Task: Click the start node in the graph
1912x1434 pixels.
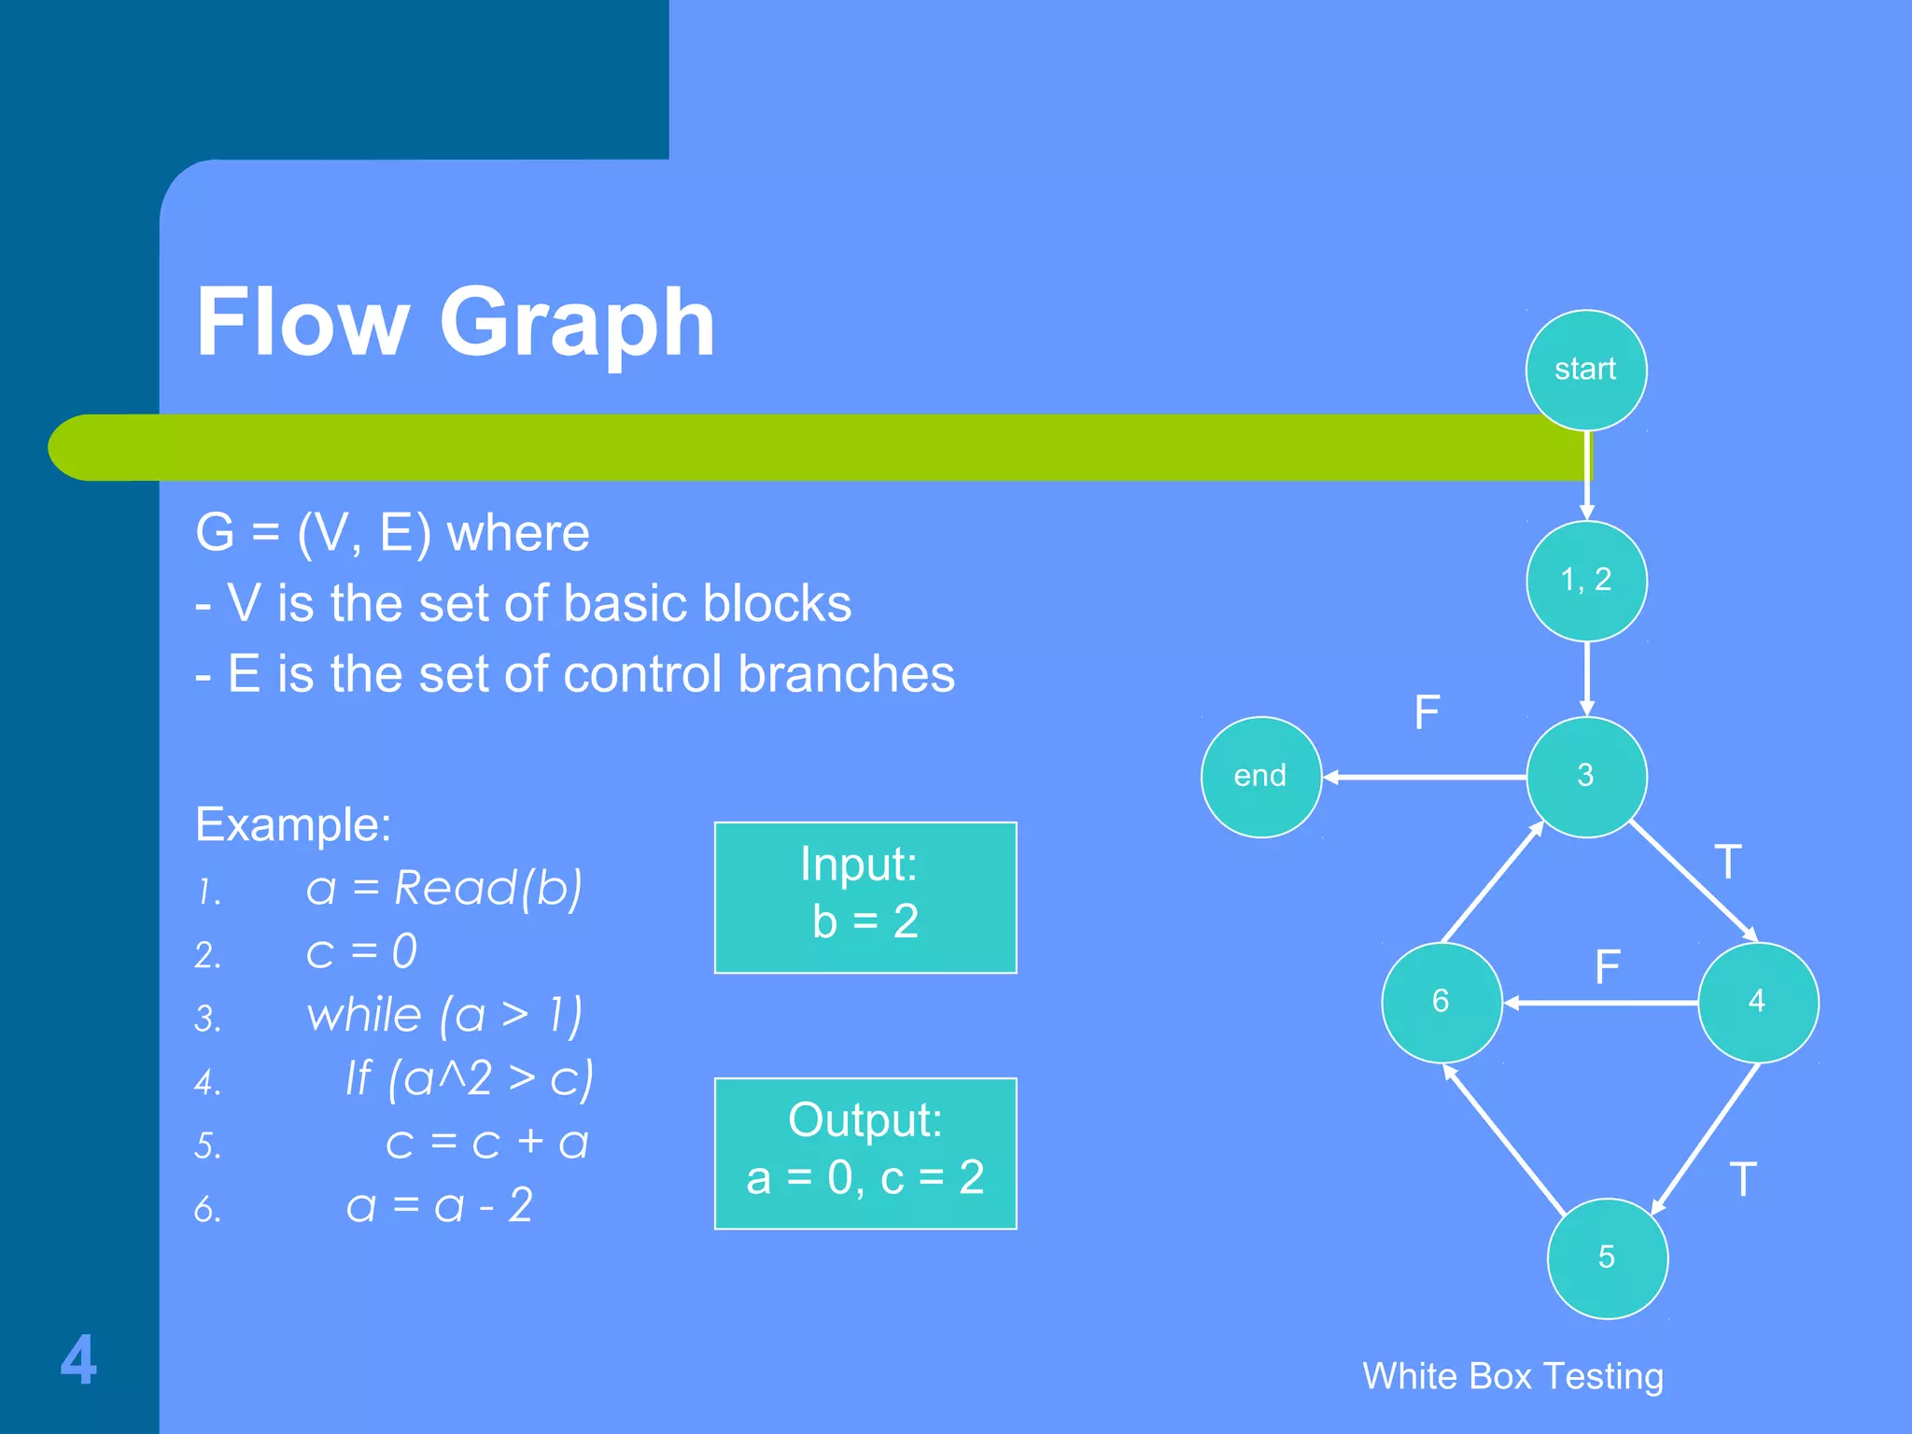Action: pyautogui.click(x=1585, y=370)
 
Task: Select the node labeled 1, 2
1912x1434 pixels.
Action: pyautogui.click(x=1586, y=580)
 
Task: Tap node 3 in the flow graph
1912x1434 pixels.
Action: pyautogui.click(x=1586, y=776)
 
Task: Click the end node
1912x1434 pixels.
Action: pyautogui.click(x=1260, y=776)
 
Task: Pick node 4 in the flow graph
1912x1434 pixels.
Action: pyautogui.click(x=1757, y=1002)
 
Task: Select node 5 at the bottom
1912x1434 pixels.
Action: pyautogui.click(x=1607, y=1258)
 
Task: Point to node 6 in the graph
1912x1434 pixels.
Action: pyautogui.click(x=1441, y=1002)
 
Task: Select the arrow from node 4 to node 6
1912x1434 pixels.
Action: pyautogui.click(x=1600, y=1003)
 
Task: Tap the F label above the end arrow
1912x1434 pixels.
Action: pyautogui.click(x=1427, y=713)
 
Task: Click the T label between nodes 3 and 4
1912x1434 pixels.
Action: pyautogui.click(x=1728, y=862)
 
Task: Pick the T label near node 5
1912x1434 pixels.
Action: pyautogui.click(x=1742, y=1179)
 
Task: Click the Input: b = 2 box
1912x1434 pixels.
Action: pyautogui.click(x=865, y=897)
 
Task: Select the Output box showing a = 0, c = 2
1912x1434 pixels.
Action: pyautogui.click(x=865, y=1153)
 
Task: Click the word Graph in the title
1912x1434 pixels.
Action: pyautogui.click(x=576, y=322)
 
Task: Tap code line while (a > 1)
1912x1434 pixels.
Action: pyautogui.click(x=444, y=1015)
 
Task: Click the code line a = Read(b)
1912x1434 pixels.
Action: pyautogui.click(x=443, y=888)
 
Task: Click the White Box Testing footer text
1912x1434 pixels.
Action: pyautogui.click(x=1512, y=1376)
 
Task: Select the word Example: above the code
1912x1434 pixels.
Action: pyautogui.click(x=293, y=825)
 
